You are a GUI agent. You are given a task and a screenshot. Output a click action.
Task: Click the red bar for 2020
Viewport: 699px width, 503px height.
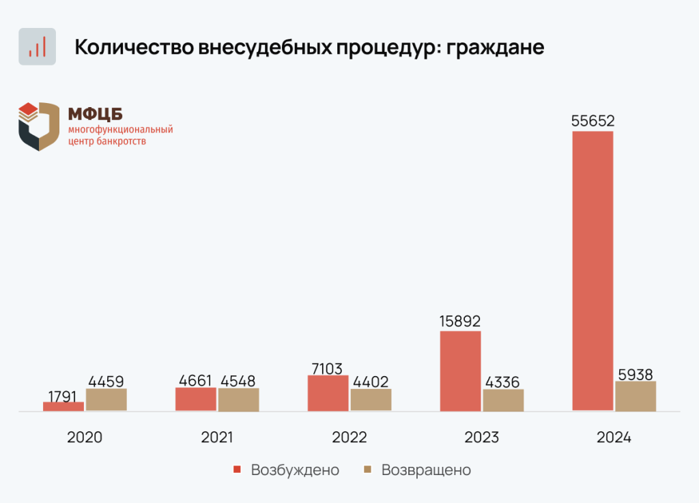[63, 406]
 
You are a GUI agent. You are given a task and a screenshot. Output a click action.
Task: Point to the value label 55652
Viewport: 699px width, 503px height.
[593, 121]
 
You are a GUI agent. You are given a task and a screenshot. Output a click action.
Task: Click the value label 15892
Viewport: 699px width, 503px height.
[460, 321]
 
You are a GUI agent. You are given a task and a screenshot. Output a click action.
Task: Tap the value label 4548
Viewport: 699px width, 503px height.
[239, 381]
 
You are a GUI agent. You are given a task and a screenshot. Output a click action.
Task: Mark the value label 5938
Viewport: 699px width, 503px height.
[636, 373]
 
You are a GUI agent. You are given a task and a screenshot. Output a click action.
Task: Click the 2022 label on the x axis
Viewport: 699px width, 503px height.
[349, 437]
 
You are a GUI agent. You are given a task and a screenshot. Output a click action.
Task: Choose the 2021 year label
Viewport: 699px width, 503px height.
[217, 437]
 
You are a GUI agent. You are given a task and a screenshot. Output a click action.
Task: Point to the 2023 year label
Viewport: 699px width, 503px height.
[481, 437]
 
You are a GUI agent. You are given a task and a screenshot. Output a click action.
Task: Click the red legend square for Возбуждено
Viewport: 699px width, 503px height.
[238, 470]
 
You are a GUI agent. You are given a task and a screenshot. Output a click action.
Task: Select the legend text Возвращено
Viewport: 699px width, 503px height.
[426, 470]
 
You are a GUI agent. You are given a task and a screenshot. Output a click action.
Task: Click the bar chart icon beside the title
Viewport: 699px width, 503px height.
[37, 46]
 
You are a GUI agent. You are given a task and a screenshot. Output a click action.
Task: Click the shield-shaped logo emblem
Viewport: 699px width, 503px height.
[39, 126]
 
